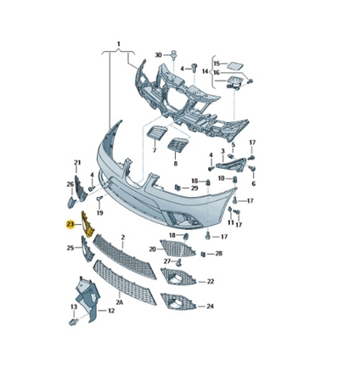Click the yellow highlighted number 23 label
click(70, 225)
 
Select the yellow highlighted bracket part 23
click(87, 224)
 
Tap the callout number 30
click(159, 55)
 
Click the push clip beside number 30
click(173, 55)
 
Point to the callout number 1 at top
click(119, 44)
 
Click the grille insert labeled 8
click(178, 145)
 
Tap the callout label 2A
click(120, 302)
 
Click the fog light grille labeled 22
click(177, 277)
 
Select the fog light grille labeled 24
click(177, 301)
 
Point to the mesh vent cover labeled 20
click(177, 248)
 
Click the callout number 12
click(111, 311)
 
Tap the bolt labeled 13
click(74, 322)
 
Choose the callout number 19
click(99, 213)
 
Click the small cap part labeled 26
click(71, 202)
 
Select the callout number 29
click(194, 188)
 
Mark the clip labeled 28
click(203, 254)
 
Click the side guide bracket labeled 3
click(231, 165)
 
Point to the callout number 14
click(205, 71)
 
